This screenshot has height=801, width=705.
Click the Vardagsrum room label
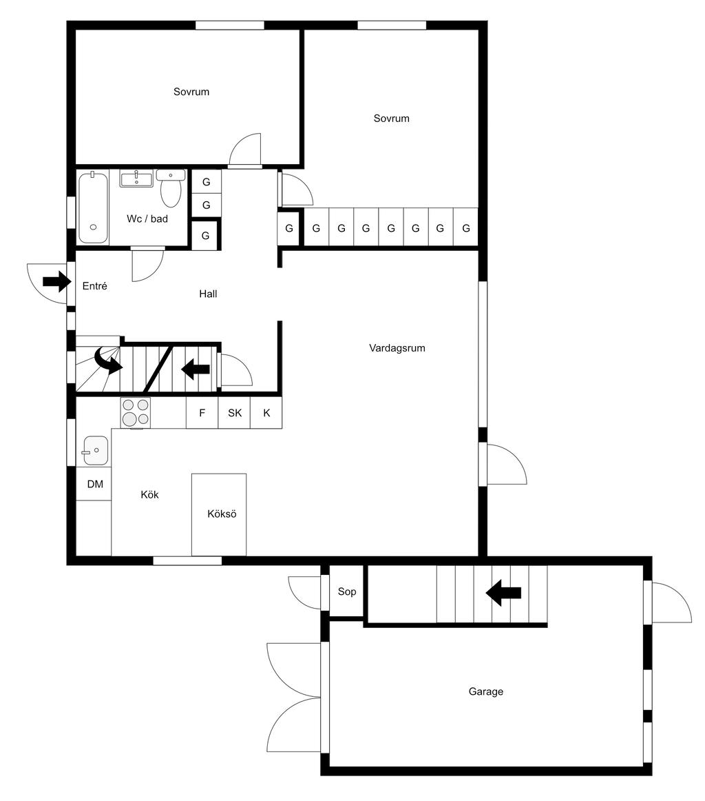[397, 348]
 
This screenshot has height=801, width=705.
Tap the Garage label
[485, 691]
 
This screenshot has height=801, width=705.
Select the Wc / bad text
[147, 219]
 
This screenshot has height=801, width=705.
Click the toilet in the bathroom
[170, 187]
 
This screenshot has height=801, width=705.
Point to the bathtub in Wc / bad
[94, 208]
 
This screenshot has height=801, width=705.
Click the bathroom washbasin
[136, 179]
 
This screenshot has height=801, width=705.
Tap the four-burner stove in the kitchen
[136, 412]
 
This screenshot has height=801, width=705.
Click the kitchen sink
[96, 450]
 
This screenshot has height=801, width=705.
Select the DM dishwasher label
[95, 484]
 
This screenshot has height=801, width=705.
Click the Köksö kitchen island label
[222, 514]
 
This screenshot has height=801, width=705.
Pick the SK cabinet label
[235, 413]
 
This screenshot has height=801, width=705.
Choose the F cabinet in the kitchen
[202, 413]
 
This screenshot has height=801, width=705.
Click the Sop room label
[347, 591]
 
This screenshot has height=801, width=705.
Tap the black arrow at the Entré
[56, 281]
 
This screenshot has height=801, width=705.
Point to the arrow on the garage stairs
[503, 593]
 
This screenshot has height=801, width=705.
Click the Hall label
[208, 294]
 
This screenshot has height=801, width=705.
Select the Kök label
[149, 494]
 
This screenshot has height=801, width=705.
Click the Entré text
[95, 286]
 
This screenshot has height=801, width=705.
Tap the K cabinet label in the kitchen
[266, 413]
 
